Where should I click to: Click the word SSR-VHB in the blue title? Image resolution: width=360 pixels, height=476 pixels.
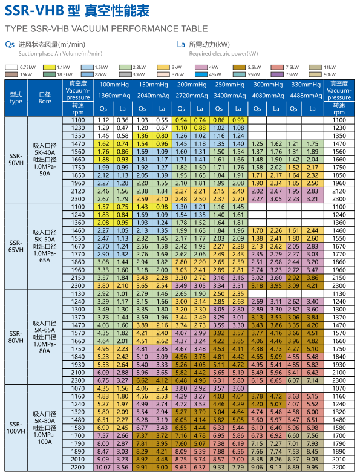click(34, 11)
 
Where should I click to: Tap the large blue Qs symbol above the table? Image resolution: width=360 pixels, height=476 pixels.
click(10, 45)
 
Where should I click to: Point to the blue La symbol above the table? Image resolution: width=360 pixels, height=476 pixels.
click(181, 45)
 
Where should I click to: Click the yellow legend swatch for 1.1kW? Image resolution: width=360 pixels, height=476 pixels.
click(49, 67)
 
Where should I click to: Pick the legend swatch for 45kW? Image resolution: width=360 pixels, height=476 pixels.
click(201, 74)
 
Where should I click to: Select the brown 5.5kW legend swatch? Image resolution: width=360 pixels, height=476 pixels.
click(239, 67)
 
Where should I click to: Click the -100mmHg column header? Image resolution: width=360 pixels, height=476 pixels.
click(113, 85)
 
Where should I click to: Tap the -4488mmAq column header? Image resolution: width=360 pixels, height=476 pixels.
click(305, 96)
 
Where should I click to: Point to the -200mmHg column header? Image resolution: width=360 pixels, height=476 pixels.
click(190, 85)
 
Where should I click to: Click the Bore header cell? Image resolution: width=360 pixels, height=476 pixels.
click(45, 98)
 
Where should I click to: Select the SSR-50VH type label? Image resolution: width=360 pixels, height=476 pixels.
click(16, 160)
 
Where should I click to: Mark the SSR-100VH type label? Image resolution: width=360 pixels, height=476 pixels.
click(16, 428)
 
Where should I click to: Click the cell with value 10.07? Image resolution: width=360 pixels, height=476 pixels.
click(103, 467)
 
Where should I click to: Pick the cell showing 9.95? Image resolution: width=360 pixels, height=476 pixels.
click(312, 467)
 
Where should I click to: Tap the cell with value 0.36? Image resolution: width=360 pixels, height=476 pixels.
click(122, 120)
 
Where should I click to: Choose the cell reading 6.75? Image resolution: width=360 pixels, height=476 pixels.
click(103, 380)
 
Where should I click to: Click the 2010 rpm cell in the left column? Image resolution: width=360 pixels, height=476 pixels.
click(78, 459)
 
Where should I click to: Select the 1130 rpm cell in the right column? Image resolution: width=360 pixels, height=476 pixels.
click(339, 293)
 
